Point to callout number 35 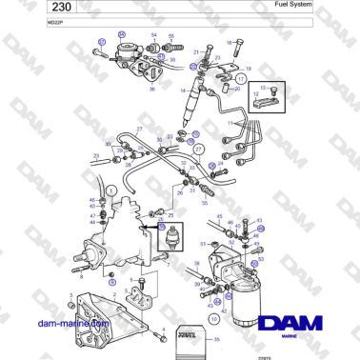point(218,338)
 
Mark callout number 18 point(230,42)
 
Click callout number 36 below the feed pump point(150,89)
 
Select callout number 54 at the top point(153,34)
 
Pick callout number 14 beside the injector point(181,90)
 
